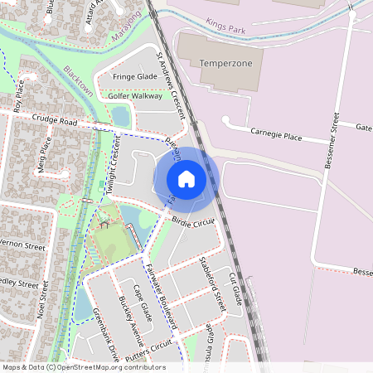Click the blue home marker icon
tap(186, 178)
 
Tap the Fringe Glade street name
tap(135, 76)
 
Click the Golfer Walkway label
tap(135, 95)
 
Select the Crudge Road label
tap(55, 121)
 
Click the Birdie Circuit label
tap(193, 221)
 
